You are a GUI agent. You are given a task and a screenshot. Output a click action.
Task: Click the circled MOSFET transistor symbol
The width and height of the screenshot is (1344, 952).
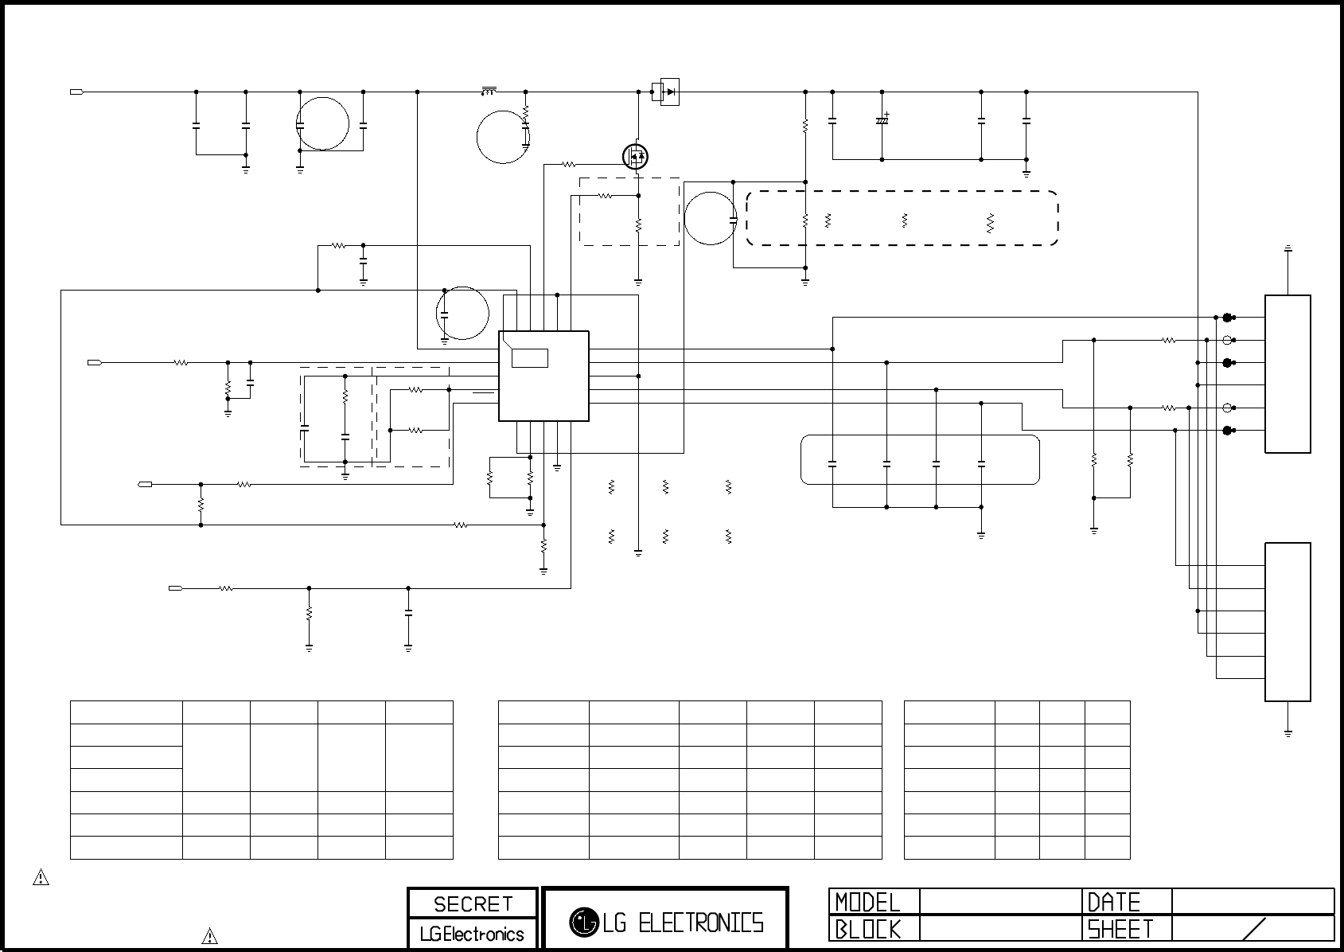(x=635, y=156)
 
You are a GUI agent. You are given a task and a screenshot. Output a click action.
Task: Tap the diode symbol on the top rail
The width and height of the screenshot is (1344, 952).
(x=670, y=92)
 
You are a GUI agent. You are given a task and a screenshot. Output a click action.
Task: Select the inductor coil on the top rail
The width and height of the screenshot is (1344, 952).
(x=489, y=91)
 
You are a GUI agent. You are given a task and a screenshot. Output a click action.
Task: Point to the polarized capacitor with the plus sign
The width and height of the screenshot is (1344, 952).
(x=882, y=120)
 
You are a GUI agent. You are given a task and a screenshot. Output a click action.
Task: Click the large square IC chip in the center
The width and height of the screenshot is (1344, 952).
(x=543, y=376)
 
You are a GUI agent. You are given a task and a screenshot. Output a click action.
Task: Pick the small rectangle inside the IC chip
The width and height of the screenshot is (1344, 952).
(x=529, y=357)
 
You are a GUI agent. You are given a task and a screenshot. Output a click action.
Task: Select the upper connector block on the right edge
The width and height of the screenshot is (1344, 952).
(x=1288, y=373)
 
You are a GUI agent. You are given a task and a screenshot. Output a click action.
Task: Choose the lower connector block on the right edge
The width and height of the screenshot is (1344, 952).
(x=1288, y=622)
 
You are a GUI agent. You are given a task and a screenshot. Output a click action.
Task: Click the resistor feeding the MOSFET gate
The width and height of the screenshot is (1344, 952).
(x=569, y=165)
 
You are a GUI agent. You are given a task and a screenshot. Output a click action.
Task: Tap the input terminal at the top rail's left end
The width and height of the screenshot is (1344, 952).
(x=77, y=92)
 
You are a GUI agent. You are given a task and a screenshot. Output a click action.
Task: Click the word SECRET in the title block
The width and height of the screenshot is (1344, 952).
(x=473, y=904)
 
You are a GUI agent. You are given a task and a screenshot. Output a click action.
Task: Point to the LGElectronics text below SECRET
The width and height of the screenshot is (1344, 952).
(x=473, y=934)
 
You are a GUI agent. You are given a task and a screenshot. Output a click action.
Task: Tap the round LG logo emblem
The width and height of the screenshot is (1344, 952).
(x=583, y=922)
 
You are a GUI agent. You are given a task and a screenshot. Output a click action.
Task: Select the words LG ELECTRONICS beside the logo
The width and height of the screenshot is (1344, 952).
(x=683, y=923)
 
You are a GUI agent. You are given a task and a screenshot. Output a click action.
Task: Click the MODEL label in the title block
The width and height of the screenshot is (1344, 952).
(x=867, y=902)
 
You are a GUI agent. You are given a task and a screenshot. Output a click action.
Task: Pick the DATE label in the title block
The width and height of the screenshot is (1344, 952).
(x=1114, y=902)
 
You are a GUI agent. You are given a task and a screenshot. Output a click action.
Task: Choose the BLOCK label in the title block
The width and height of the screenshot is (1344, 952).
(x=867, y=929)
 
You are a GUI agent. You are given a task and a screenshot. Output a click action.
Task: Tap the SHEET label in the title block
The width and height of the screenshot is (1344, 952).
(x=1120, y=929)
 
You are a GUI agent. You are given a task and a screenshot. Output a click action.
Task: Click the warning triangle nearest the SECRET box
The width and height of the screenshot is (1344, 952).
(x=209, y=936)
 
